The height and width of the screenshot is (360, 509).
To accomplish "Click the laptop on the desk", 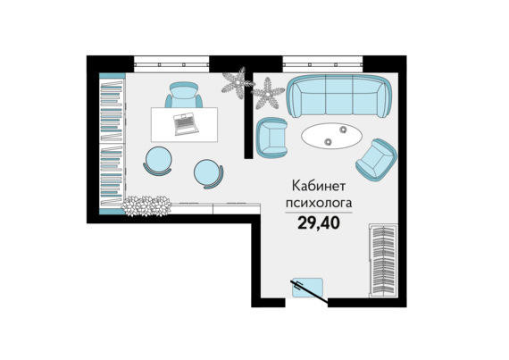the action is pos(186,123).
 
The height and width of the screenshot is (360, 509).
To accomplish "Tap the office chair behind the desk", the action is pos(184,95).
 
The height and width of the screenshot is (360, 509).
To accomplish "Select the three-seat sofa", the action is pos(339,96).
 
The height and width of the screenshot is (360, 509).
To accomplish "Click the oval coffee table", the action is pos(331,136).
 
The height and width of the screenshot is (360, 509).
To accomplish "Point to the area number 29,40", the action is pos(319,223).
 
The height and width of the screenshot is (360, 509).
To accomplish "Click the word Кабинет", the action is pos(319,187).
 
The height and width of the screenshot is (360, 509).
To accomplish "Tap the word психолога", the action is pos(319,203).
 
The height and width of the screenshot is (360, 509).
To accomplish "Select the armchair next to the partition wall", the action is pos(271,137).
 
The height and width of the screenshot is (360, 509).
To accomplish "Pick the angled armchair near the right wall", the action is pos(376,159).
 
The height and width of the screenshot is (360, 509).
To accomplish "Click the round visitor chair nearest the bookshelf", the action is pos(158,161).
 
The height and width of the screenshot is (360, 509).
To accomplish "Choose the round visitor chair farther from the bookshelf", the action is pos(208,173).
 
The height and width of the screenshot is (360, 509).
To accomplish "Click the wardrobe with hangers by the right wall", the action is pos(383,260).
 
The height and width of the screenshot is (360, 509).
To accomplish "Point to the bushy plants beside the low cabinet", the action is pos(146,205).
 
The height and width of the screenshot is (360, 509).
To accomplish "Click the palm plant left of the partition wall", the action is pos(238,83).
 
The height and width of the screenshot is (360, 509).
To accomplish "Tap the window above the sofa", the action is pos(322,64).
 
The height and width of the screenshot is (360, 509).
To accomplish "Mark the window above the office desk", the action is pos(171,64).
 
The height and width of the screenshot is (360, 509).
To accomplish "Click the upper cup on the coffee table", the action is pos(343,130).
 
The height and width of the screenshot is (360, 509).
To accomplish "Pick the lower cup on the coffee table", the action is pos(329,141).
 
